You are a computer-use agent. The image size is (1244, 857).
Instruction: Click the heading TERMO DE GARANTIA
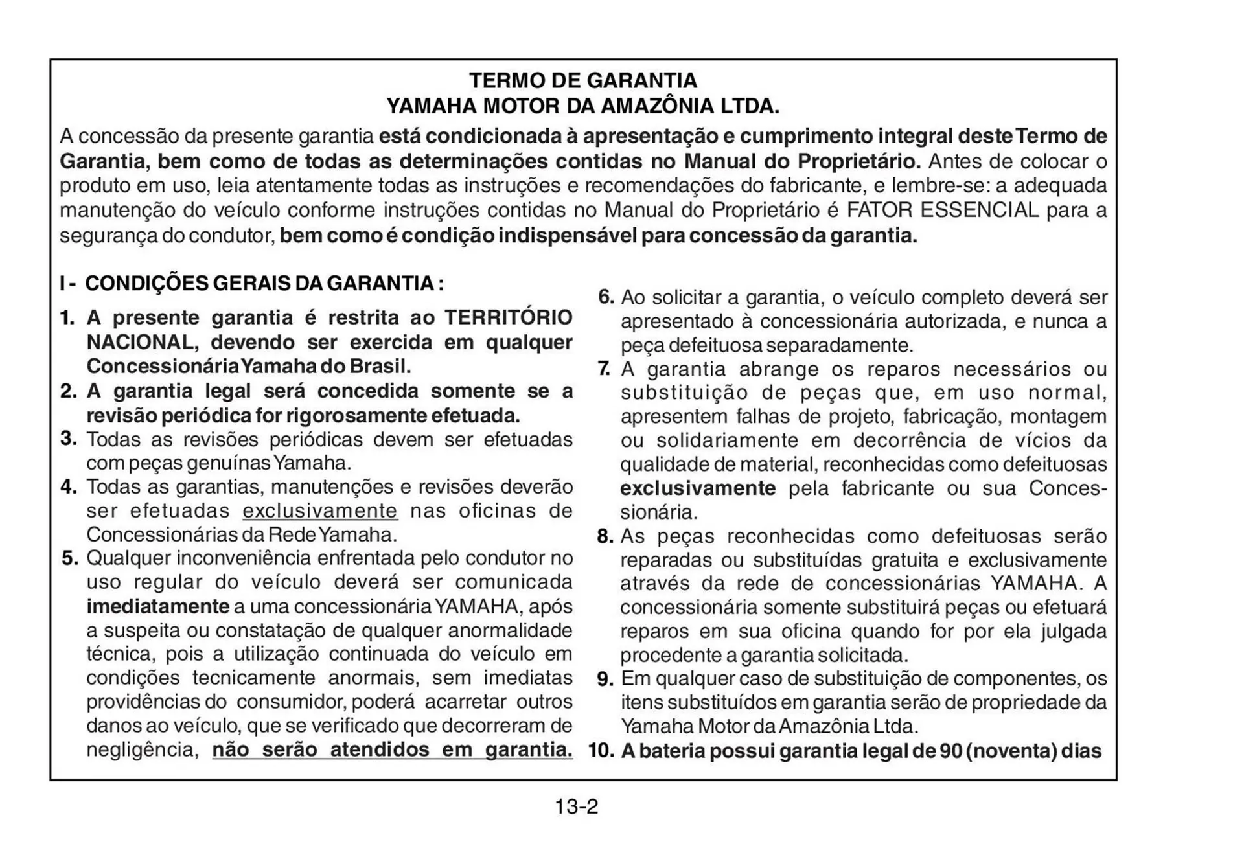pos(582,80)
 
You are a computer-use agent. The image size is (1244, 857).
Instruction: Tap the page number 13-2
pos(576,806)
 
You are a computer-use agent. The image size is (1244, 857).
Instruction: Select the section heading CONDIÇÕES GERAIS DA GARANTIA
pos(264,283)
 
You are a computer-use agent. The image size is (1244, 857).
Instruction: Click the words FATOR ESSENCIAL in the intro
pos(943,210)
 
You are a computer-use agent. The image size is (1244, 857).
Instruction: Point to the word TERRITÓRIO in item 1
pos(508,317)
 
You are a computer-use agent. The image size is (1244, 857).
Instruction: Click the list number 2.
pos(68,391)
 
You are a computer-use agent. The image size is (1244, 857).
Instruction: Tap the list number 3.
pos(69,439)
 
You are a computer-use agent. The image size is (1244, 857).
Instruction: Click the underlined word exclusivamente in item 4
pos(320,510)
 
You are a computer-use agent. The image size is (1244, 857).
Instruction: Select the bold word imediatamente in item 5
pos(157,606)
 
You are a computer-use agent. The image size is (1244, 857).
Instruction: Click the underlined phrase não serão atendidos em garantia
pos(392,749)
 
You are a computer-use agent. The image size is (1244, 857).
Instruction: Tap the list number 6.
pos(605,297)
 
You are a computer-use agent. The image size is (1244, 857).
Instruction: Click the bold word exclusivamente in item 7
pos(697,488)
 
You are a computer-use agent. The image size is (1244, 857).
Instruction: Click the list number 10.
pos(601,751)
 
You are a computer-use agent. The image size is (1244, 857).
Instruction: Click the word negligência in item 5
pos(142,749)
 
